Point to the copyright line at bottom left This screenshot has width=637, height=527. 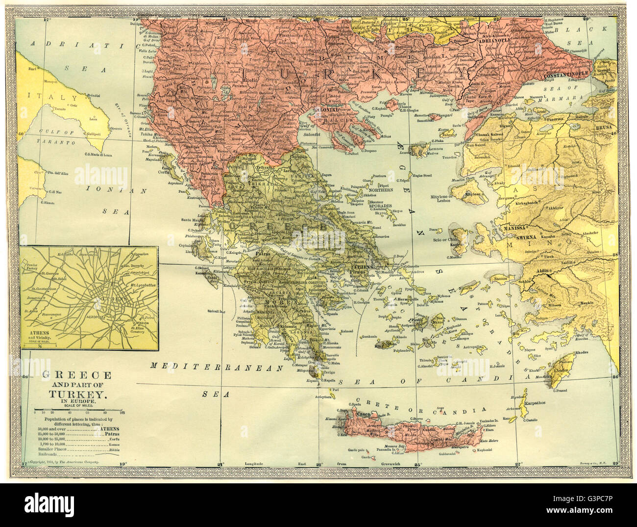point(64,463)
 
